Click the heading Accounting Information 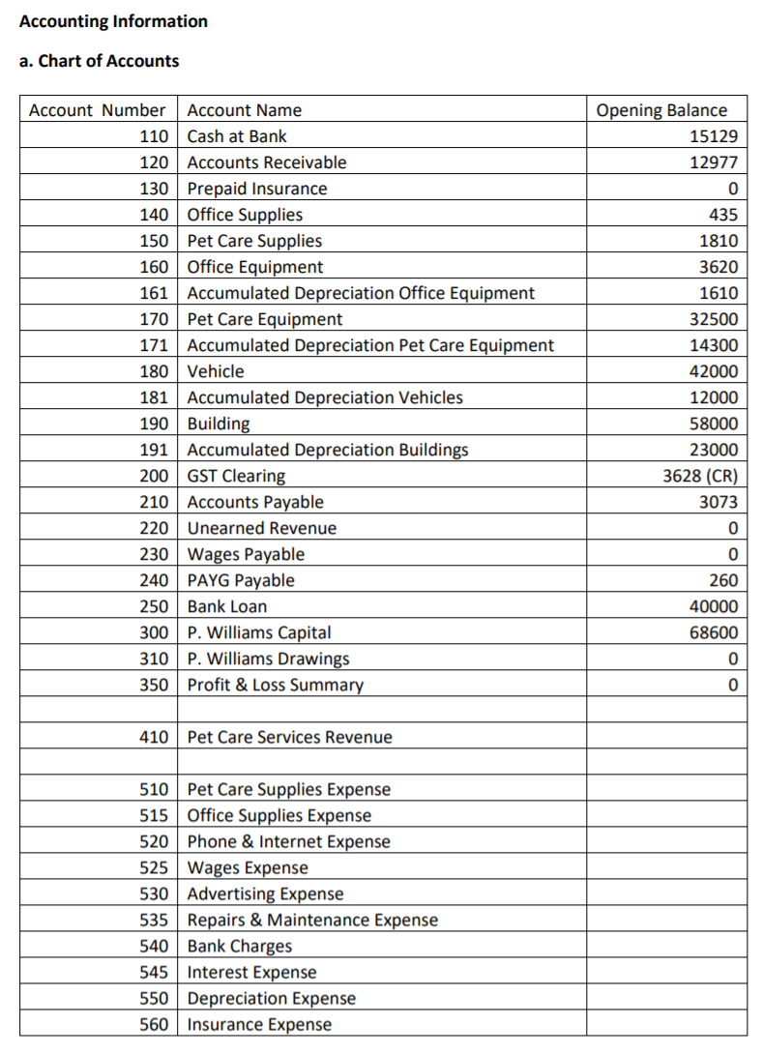(113, 21)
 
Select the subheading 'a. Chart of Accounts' (99, 61)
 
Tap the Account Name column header (244, 110)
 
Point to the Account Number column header (97, 110)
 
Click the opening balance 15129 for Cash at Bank (714, 136)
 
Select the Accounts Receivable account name (266, 162)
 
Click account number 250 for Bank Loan (155, 606)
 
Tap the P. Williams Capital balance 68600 (714, 632)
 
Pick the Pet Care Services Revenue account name (289, 737)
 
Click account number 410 (155, 737)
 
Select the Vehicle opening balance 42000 (714, 371)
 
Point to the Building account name (218, 424)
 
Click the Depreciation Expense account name (271, 998)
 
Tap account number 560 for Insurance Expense (155, 1024)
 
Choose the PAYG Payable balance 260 (722, 580)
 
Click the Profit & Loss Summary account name (275, 685)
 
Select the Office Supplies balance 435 (722, 215)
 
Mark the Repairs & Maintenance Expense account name (311, 920)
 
